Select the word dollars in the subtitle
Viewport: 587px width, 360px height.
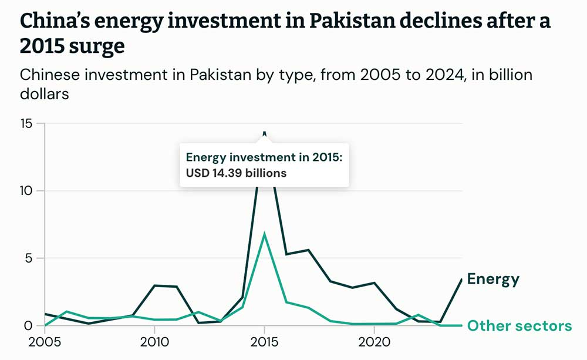click(x=44, y=93)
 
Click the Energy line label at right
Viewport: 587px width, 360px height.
click(x=493, y=279)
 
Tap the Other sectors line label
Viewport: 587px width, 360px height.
click(x=519, y=326)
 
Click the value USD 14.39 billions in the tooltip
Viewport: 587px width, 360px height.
click(x=236, y=173)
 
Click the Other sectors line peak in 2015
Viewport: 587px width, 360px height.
click(x=264, y=234)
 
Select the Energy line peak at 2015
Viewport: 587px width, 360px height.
click(x=264, y=133)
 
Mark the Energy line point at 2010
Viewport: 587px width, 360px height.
click(x=154, y=285)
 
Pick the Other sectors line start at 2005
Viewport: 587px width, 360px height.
click(x=44, y=325)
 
